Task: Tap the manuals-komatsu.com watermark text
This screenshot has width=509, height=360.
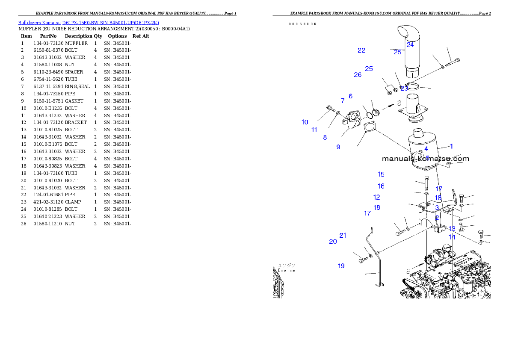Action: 425,159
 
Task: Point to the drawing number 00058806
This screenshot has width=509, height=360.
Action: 302,24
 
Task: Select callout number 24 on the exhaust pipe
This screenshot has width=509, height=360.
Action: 410,44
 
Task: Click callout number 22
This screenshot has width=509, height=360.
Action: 361,50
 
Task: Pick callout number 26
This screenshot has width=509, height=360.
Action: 358,75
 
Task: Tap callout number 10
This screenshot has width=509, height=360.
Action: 305,122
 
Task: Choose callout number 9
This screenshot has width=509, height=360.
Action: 338,147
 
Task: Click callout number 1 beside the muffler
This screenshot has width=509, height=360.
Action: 451,147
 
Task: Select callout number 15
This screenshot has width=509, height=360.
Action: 381,174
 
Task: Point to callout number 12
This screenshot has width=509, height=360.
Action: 376,198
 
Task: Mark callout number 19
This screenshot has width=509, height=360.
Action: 341,266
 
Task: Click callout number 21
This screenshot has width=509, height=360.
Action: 343,236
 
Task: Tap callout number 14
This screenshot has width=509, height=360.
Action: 452,237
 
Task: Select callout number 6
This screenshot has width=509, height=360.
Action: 350,96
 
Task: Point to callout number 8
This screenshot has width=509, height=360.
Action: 325,138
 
